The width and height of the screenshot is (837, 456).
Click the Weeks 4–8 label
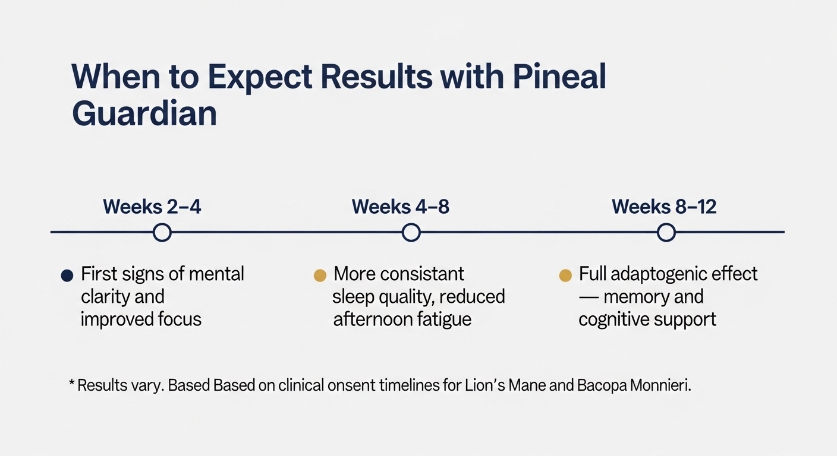tap(400, 207)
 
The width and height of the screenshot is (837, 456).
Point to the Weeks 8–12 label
tap(664, 207)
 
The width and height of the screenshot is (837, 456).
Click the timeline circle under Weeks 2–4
tap(162, 232)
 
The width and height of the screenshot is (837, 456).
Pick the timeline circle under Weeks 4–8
tap(411, 232)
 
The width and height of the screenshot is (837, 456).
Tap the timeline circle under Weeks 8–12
tap(666, 232)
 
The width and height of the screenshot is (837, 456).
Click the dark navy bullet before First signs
tap(67, 275)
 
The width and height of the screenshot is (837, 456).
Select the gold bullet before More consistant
tap(320, 275)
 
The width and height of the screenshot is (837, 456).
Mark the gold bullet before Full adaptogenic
tap(566, 275)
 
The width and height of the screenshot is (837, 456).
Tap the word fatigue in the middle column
tap(443, 319)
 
